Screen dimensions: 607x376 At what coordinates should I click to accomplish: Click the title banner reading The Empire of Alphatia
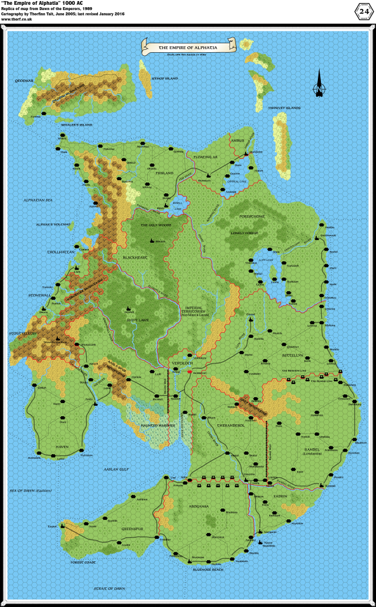coord(188,46)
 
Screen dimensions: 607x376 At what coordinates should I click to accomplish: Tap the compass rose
coord(320,83)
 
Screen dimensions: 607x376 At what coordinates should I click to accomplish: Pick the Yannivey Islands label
coord(285,108)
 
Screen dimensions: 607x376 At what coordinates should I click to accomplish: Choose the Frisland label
coord(164,173)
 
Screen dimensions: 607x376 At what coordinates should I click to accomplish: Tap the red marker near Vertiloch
coord(189,371)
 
